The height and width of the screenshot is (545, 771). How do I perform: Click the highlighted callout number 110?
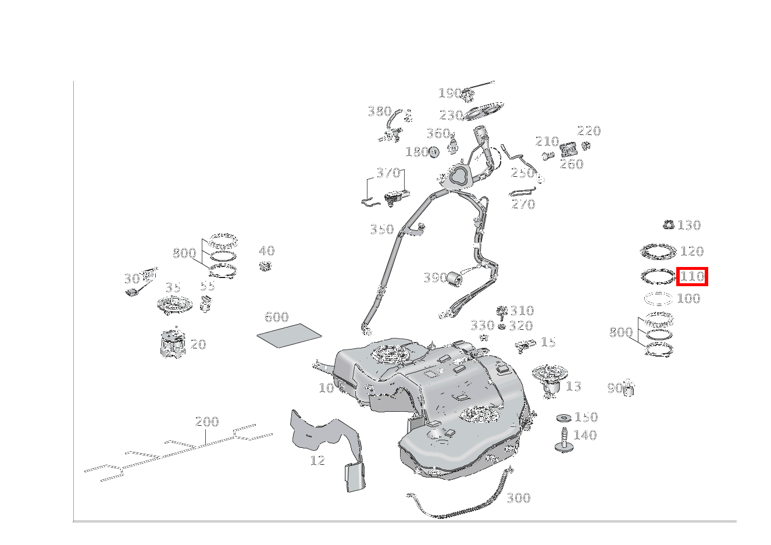point(691,276)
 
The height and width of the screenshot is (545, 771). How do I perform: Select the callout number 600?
point(276,317)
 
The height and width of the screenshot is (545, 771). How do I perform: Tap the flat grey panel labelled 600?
point(289,336)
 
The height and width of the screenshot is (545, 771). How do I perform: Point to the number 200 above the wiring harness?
point(207,422)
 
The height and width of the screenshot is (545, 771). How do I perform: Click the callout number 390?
point(435,278)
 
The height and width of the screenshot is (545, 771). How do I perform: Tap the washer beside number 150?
point(563,418)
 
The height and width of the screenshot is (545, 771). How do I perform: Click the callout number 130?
point(689,225)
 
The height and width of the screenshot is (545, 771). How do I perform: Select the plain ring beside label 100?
point(658,298)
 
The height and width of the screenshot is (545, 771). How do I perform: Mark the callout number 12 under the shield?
point(317,461)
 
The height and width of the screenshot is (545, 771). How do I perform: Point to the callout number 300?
point(518,498)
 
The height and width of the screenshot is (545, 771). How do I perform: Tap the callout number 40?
point(266,251)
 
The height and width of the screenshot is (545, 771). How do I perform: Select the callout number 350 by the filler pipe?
point(381,229)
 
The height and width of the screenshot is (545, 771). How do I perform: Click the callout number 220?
point(588,131)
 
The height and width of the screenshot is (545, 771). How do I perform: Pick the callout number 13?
point(573,386)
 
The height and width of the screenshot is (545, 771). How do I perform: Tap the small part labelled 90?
point(629,389)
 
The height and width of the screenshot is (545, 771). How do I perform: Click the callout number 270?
point(523,204)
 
